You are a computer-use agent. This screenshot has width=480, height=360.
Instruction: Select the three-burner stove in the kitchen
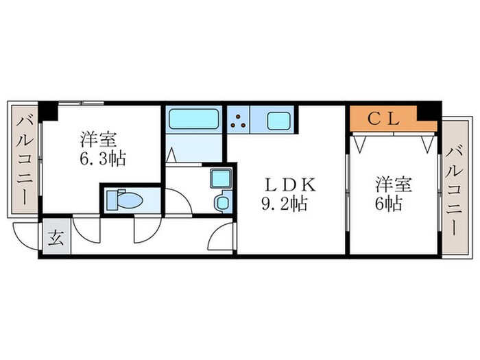click(239, 121)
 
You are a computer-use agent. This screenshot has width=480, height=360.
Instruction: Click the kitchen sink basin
click(278, 121)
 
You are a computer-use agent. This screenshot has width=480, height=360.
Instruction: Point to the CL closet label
click(384, 119)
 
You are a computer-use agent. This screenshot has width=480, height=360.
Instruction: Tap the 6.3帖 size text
click(101, 159)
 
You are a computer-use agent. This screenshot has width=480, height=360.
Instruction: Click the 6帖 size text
click(387, 203)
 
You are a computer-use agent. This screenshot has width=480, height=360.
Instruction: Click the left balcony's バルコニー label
click(25, 163)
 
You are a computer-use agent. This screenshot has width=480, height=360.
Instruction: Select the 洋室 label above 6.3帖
click(96, 139)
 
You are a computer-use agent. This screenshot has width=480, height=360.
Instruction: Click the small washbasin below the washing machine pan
click(222, 202)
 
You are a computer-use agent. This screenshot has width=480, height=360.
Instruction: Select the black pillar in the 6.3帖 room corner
click(47, 110)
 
